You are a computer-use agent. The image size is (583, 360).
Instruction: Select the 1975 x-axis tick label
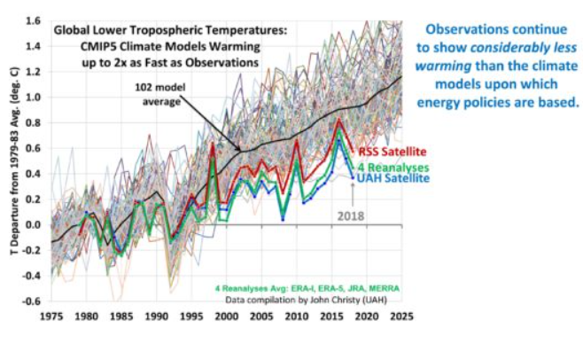pyautogui.click(x=50, y=316)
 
